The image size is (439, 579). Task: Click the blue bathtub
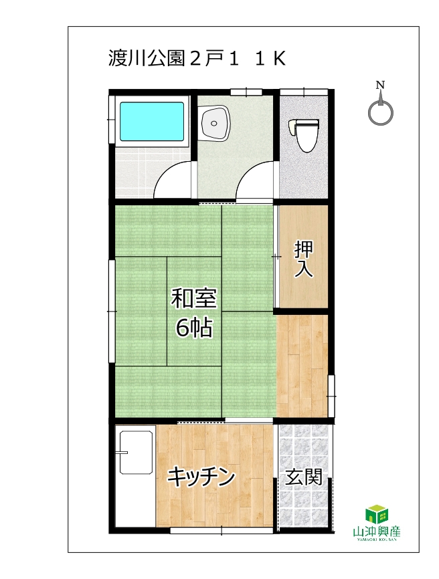(x=152, y=121)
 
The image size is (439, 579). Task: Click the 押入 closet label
(x=304, y=259)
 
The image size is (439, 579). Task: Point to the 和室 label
(x=193, y=298)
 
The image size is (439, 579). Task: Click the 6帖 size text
(x=194, y=327)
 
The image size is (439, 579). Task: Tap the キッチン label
(x=201, y=477)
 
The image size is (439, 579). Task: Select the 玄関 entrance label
(x=304, y=477)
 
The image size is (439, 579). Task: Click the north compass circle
(x=380, y=114)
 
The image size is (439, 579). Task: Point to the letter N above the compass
(x=380, y=85)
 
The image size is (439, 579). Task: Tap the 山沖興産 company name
(x=377, y=532)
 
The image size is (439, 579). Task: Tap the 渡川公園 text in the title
(x=147, y=58)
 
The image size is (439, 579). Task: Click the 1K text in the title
(x=270, y=58)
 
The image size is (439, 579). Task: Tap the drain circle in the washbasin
(x=213, y=123)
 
